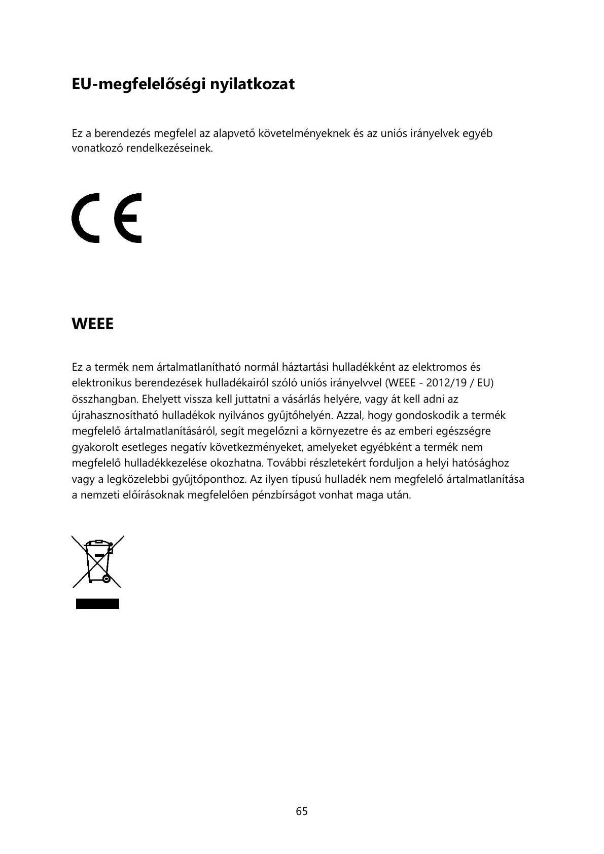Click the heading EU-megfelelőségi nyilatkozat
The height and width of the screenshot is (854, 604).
coord(183,84)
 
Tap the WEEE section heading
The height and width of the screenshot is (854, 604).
coord(93,324)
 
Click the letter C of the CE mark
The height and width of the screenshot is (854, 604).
coord(86,218)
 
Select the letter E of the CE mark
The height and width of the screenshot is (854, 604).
coord(128,218)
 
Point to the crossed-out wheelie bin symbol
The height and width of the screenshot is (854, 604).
coord(97,561)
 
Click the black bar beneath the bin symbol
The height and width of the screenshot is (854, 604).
coord(97,603)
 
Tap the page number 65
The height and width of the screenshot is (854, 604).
coord(302,811)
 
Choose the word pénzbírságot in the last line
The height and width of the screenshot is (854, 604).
coord(285,495)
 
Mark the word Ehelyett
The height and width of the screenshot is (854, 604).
coord(161,399)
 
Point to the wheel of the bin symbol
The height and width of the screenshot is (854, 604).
coord(106,579)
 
